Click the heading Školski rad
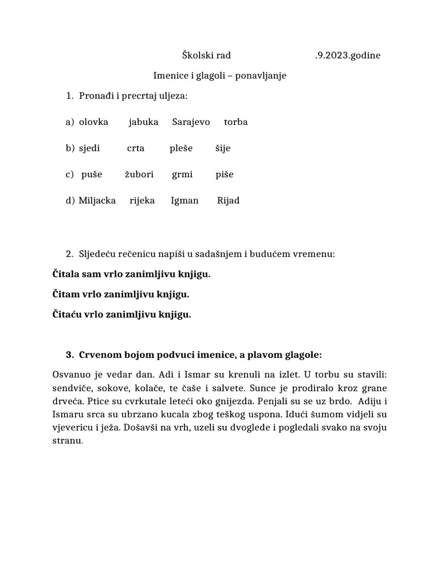[x=206, y=56]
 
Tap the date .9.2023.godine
[x=347, y=56]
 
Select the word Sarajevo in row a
[x=191, y=122]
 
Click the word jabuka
[x=143, y=122]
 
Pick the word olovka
[x=93, y=122]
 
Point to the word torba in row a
[x=235, y=122]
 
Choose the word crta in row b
[x=136, y=148]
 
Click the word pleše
[x=180, y=148]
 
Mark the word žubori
[x=139, y=174]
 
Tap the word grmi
[x=182, y=174]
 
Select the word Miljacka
[x=97, y=201]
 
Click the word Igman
[x=184, y=201]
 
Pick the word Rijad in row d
[x=228, y=201]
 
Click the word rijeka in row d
[x=142, y=201]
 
